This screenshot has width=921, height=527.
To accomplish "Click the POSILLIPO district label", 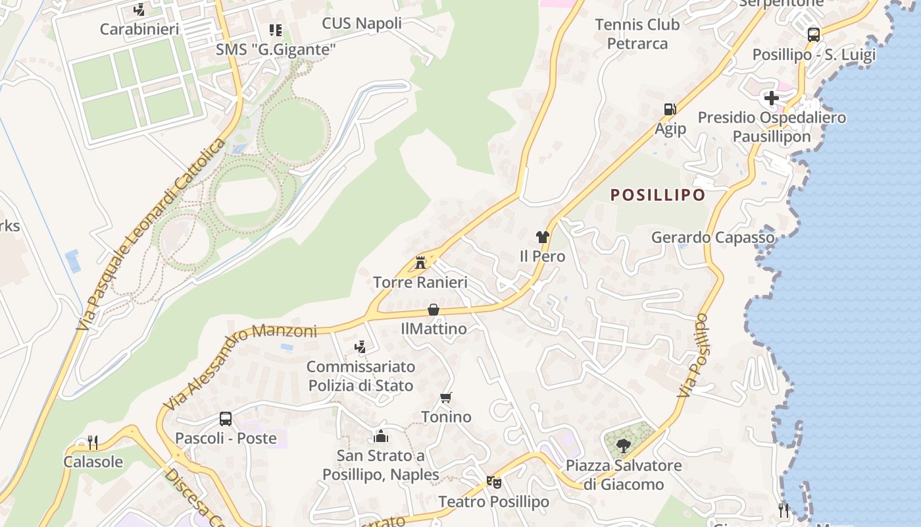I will [657, 195].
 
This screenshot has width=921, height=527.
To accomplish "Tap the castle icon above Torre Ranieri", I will [420, 262].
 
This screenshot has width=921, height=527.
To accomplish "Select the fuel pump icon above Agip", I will [670, 109].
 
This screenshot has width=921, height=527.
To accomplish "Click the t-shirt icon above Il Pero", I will [542, 236].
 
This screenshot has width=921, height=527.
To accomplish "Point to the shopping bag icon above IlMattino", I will [434, 309].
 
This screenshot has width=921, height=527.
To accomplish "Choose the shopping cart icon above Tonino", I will [446, 398].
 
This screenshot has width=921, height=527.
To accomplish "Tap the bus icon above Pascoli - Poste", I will [226, 418].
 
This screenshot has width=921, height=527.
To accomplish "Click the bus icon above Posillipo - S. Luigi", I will [814, 35].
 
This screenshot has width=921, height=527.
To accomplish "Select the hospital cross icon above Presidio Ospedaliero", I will [772, 98].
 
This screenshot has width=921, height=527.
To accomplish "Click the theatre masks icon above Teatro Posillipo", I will [493, 482].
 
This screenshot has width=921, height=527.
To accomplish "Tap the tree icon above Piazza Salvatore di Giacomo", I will [624, 446].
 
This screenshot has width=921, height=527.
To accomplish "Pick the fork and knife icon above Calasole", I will [93, 442].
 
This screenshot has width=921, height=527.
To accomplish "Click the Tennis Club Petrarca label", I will [637, 34].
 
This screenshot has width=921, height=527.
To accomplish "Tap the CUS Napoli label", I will [362, 24].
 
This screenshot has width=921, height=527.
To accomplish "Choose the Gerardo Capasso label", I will [713, 237].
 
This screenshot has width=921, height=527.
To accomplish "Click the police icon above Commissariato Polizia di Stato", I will [360, 347].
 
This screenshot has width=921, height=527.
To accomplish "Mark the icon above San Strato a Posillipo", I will [380, 436].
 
